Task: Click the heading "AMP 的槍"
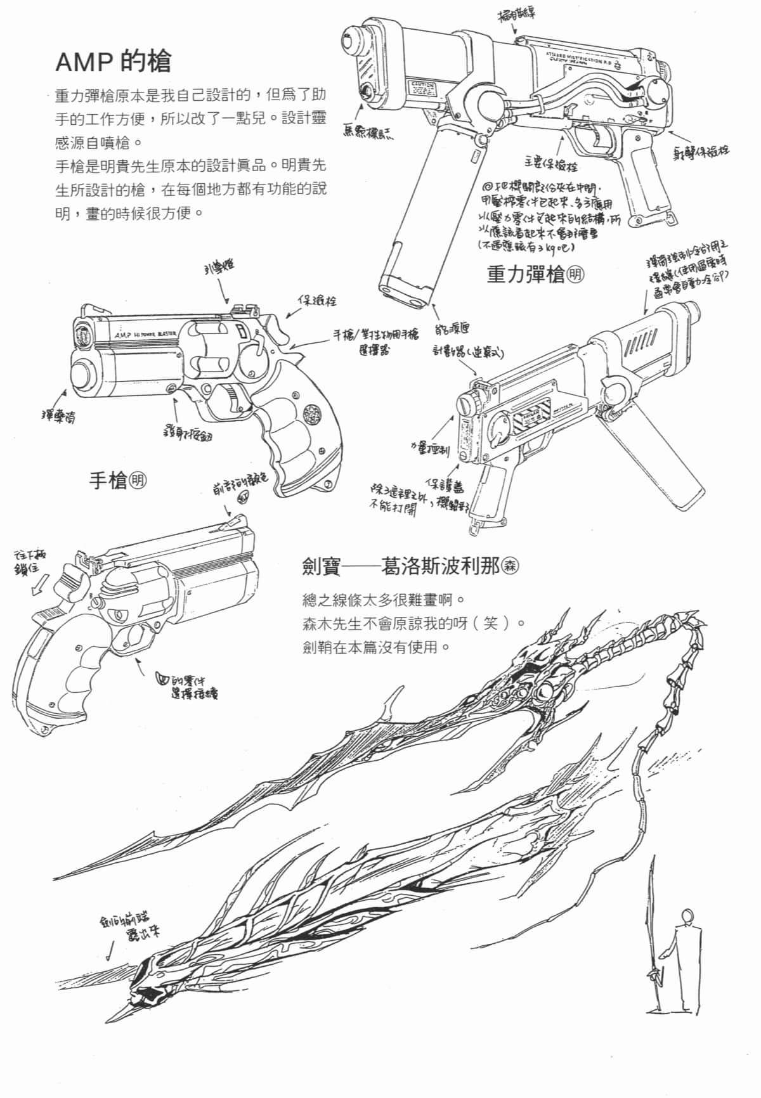tap(113, 61)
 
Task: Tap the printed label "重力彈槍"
tap(524, 274)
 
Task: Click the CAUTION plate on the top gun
tap(421, 85)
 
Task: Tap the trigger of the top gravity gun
tap(597, 136)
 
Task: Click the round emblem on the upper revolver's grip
tap(312, 415)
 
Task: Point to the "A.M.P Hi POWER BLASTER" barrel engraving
tap(145, 334)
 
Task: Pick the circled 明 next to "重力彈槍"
tap(575, 274)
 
